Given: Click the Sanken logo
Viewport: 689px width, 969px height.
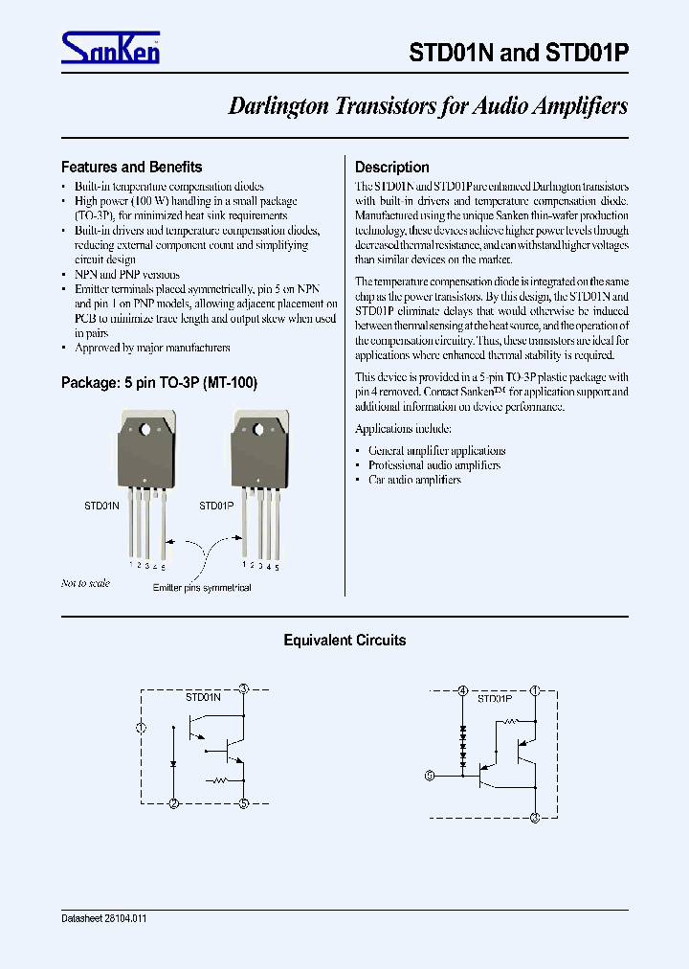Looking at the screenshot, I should point(110,48).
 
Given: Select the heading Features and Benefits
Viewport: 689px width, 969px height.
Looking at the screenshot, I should point(131,167).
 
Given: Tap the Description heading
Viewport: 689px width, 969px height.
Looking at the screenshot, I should point(391,167).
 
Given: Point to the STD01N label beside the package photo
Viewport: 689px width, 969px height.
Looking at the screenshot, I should point(101,505).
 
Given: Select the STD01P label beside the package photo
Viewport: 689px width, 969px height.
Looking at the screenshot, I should point(216,505).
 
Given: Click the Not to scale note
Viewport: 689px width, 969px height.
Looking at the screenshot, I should point(85,583).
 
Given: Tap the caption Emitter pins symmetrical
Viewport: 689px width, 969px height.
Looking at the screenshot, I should point(202,588).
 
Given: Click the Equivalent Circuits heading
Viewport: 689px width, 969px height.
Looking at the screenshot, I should point(344,641).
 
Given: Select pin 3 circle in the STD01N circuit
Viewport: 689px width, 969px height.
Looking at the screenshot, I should point(244,689).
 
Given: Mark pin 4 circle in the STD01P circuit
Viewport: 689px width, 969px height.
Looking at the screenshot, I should point(463,690).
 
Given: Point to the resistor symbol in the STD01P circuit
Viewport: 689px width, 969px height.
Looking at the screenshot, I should point(509,722).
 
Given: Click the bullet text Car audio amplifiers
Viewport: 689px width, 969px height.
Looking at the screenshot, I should point(413,480).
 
